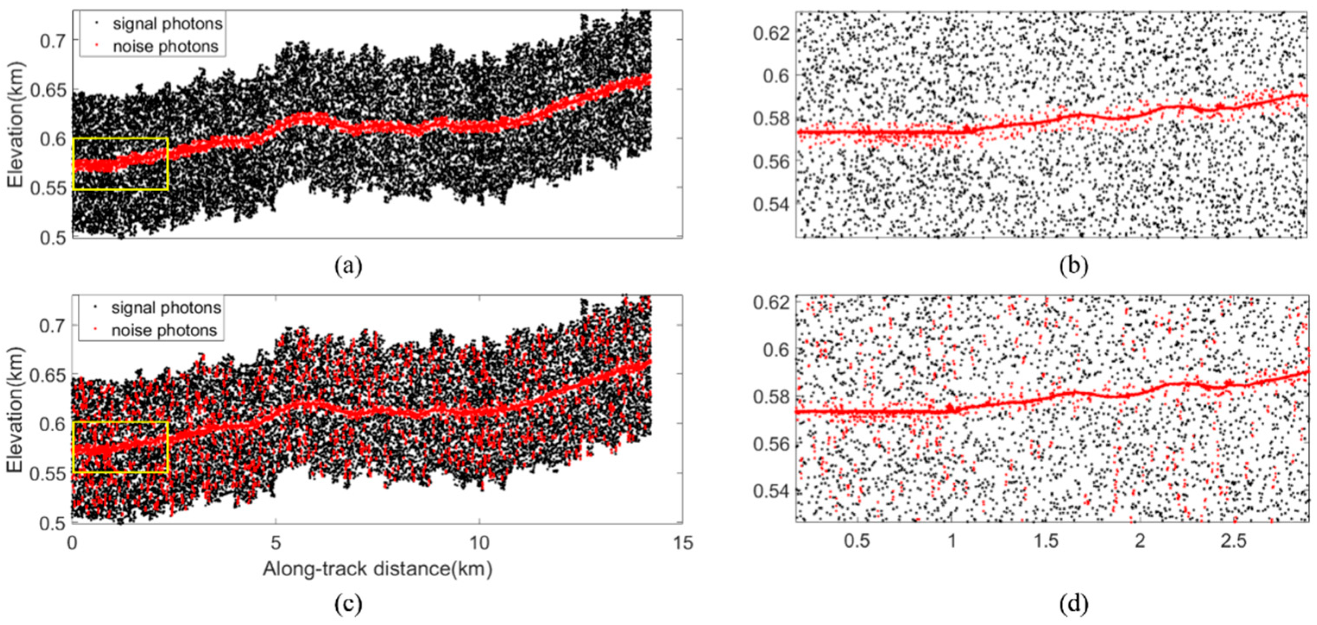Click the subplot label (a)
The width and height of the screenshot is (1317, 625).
coord(349,266)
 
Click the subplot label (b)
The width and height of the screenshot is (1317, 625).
coord(1074,266)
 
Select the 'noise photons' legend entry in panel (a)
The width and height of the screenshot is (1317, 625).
coord(165,46)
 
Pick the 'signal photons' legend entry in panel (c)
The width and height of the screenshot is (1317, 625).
coord(166,308)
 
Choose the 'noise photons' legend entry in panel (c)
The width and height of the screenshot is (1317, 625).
coord(164,330)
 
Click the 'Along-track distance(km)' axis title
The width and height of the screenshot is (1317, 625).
coord(377,569)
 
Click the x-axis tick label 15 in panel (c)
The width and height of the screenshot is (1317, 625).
coord(682,543)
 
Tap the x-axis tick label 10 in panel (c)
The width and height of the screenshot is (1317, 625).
coord(479,543)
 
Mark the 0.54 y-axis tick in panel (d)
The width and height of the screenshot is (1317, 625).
coord(771,491)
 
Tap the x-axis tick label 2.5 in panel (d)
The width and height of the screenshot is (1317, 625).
coord(1234,541)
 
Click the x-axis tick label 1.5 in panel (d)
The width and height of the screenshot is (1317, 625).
coord(1046,541)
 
